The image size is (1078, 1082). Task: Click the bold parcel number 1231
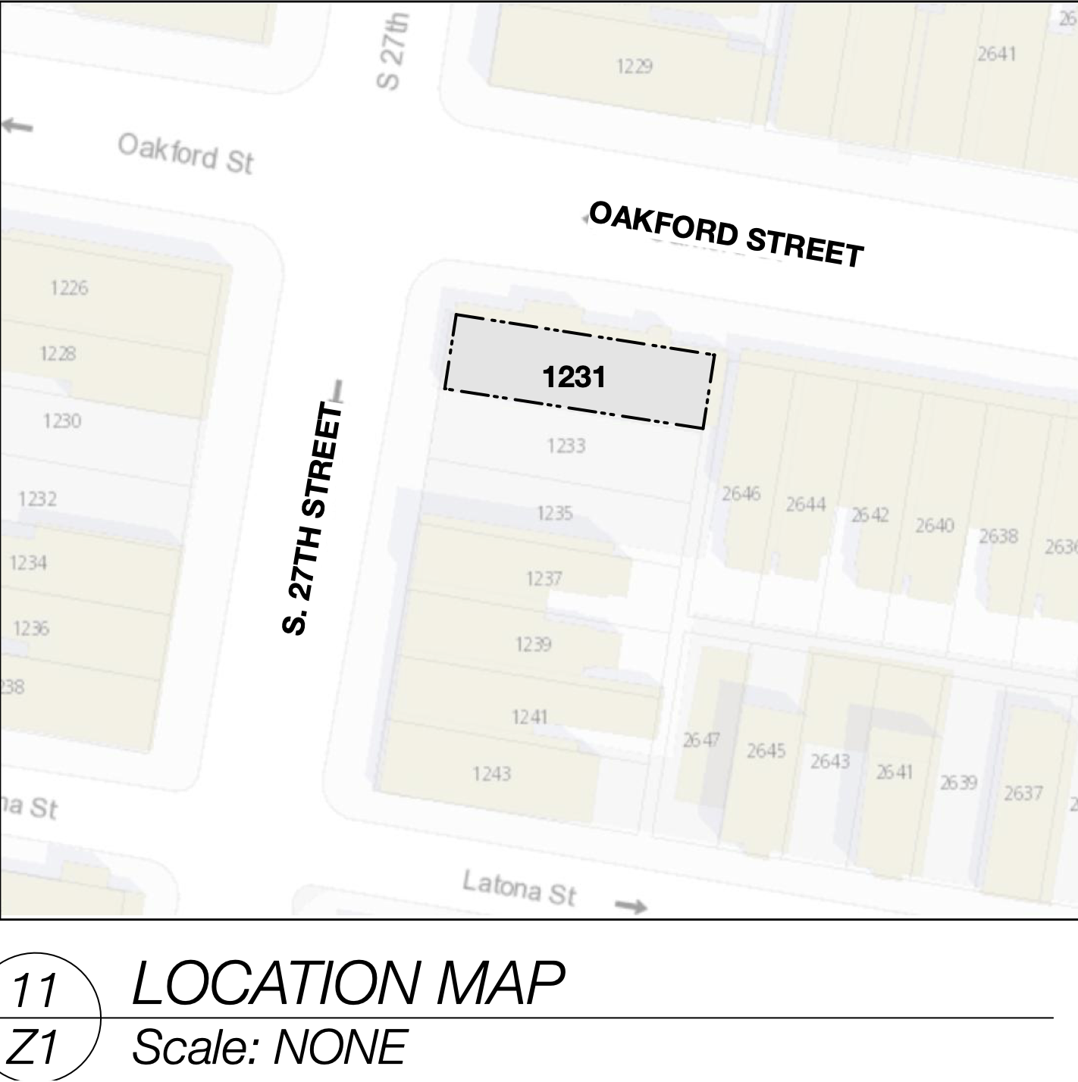(574, 377)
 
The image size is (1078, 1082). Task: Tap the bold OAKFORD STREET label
(726, 235)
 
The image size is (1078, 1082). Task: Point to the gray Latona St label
(519, 888)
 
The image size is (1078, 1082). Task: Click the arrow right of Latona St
(630, 906)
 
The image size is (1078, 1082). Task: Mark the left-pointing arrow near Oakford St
(17, 125)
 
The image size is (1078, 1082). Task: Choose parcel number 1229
(634, 67)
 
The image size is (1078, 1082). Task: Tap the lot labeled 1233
(566, 446)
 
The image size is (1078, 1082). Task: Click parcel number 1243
(491, 774)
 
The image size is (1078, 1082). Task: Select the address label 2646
(741, 494)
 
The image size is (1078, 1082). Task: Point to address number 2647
(701, 740)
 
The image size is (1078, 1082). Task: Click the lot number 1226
(69, 288)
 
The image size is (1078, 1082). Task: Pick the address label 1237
(544, 580)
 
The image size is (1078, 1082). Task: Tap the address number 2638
(998, 536)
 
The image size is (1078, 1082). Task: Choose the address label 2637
(1023, 793)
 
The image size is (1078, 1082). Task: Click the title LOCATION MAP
(348, 984)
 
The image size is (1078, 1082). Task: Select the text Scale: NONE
(270, 1048)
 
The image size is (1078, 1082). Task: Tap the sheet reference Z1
(36, 1049)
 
